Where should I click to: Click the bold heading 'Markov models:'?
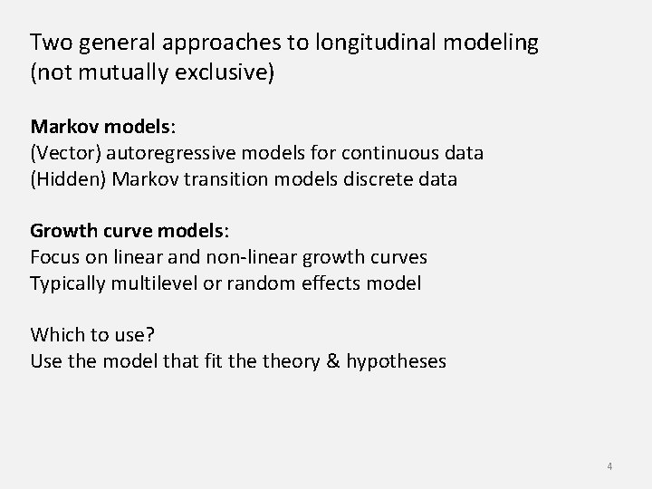pyautogui.click(x=95, y=125)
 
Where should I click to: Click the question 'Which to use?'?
pyautogui.click(x=92, y=334)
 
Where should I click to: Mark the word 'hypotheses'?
pyautogui.click(x=397, y=362)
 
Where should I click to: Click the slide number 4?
pyautogui.click(x=609, y=466)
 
